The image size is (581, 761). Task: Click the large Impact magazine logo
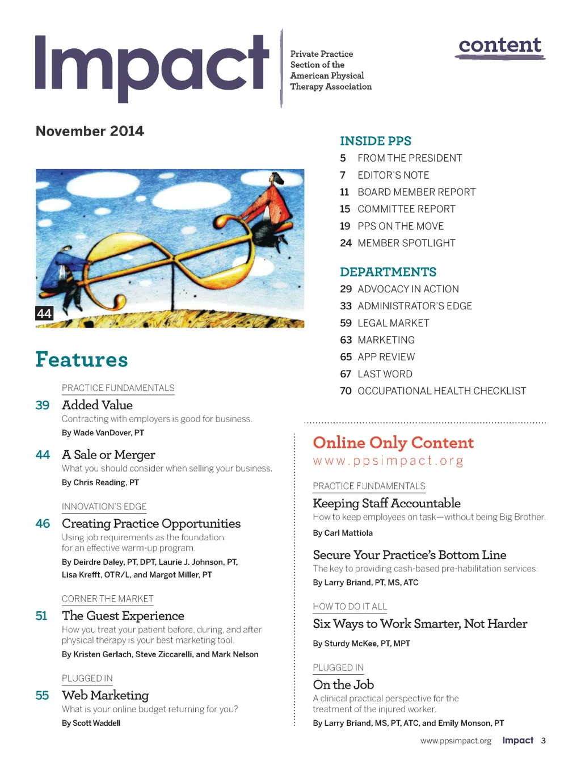[x=152, y=67]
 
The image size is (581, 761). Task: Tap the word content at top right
[x=500, y=45]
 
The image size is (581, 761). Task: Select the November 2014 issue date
[x=90, y=131]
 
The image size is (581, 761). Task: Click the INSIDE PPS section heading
[x=375, y=141]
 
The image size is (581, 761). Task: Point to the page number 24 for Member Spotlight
[x=346, y=243]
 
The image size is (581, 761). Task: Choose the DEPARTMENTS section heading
[x=388, y=272]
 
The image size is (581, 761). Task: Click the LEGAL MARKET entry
[x=393, y=323]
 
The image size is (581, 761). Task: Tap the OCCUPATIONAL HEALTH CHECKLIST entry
[x=441, y=391]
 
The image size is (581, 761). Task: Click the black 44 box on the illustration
[x=44, y=313]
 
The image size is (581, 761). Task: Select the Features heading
[x=82, y=359]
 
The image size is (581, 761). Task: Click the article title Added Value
[x=97, y=405]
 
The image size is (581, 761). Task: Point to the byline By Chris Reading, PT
[x=100, y=482]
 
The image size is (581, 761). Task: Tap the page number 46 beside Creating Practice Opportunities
[x=43, y=523]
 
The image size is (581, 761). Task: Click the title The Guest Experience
[x=123, y=616]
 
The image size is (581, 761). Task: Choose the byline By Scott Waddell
[x=91, y=723]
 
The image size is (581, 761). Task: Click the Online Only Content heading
[x=393, y=443]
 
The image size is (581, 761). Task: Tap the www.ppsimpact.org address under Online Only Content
[x=388, y=460]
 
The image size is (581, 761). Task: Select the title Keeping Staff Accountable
[x=386, y=503]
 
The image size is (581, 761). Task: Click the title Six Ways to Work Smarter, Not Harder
[x=420, y=624]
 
